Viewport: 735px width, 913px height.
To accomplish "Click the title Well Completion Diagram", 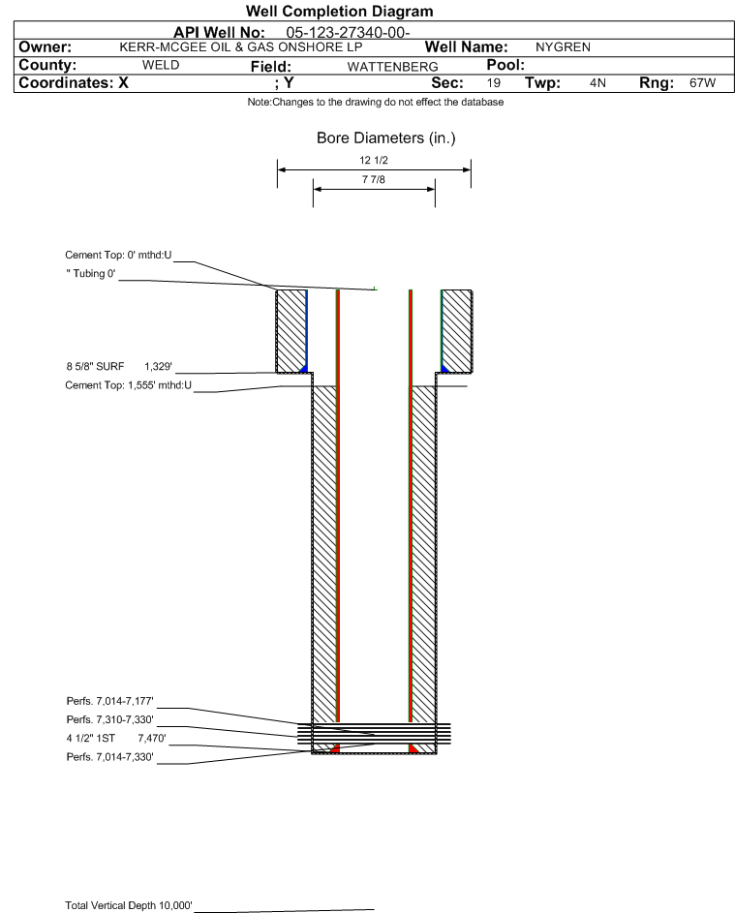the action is (x=339, y=11).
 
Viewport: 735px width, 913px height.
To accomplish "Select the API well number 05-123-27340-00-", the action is (x=348, y=33).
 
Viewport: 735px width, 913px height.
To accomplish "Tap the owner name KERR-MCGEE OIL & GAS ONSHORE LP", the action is (x=241, y=47).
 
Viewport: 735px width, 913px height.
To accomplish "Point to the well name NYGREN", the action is (x=563, y=47).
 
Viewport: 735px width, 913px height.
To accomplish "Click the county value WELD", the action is (x=161, y=65).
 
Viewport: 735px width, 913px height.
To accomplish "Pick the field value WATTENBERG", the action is (x=392, y=67).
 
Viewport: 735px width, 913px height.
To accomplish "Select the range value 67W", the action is (x=702, y=82).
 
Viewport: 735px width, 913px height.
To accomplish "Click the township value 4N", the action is (x=597, y=82).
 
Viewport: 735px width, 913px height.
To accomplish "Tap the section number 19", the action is (x=493, y=82).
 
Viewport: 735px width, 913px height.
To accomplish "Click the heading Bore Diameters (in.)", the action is (x=386, y=138).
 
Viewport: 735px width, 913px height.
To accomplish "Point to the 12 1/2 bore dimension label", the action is (x=374, y=160).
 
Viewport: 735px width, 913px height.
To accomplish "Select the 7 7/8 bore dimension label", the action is (x=374, y=179).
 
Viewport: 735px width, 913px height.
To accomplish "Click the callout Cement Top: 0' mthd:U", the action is (x=118, y=255).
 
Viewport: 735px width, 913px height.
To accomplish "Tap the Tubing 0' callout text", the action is (x=91, y=274).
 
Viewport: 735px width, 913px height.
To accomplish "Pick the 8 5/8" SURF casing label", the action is (x=95, y=366).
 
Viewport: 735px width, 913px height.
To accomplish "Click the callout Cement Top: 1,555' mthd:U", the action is (x=128, y=385).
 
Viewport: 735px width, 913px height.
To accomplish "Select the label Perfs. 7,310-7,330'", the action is (x=110, y=719).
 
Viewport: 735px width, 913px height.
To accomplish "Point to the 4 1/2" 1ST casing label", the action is (x=90, y=739).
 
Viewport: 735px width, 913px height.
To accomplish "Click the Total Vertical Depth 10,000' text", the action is (x=129, y=905).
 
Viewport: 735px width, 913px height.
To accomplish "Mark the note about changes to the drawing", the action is (x=376, y=102).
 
